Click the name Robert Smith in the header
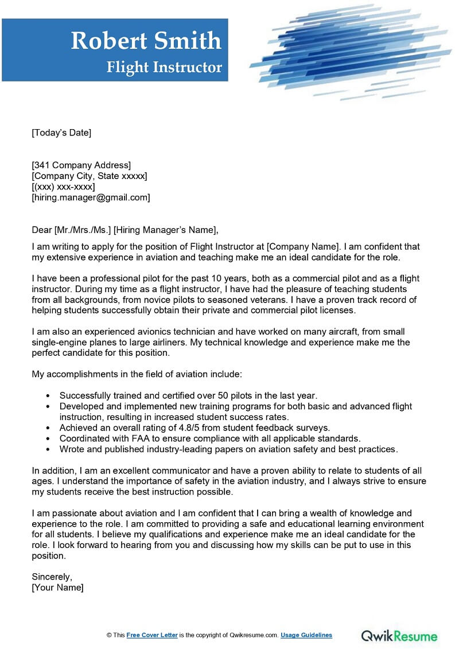pos(146,41)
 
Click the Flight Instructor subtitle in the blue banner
pos(164,67)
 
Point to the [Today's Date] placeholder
pos(61,133)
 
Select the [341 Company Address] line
pos(81,166)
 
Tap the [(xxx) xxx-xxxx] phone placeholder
pos(63,186)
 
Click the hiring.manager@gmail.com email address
pos(91,197)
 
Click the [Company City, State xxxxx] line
pos(90,176)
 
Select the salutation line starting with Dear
pos(125,230)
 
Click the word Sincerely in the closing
pos(52,577)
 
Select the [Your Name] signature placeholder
pos(57,587)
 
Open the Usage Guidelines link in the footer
pos(306,635)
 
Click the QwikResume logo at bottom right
pos(399,635)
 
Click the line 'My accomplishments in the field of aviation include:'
pos(137,374)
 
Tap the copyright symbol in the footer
pos(109,635)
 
